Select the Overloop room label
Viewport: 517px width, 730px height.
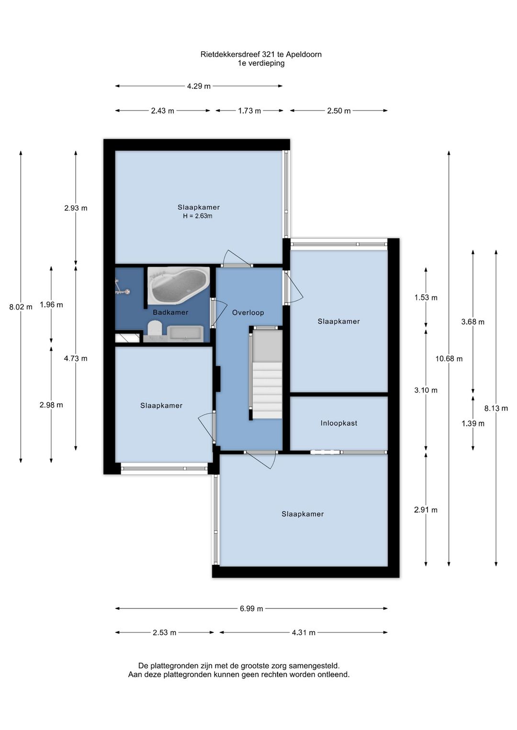point(248,312)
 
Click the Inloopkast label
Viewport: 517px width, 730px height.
point(338,423)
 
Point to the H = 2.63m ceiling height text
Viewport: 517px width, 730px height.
point(198,216)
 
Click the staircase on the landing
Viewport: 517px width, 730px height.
point(267,374)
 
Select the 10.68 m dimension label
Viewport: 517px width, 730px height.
point(449,359)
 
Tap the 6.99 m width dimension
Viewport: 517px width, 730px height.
point(251,608)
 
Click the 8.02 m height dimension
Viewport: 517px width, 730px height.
point(21,307)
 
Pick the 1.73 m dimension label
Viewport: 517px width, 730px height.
point(249,111)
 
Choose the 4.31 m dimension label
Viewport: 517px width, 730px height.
point(303,632)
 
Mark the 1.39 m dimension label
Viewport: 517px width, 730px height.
point(473,423)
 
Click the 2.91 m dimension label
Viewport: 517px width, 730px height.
point(426,510)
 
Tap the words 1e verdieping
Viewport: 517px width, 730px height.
point(261,63)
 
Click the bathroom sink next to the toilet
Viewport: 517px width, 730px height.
point(185,334)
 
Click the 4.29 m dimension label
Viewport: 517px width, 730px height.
point(199,87)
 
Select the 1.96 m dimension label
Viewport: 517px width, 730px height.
point(51,305)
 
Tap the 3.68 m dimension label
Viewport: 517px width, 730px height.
point(472,322)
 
